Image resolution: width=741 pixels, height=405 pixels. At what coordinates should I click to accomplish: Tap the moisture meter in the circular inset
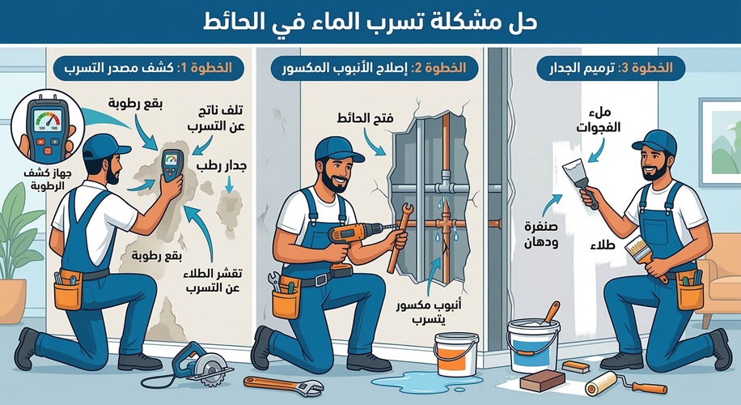(42, 128)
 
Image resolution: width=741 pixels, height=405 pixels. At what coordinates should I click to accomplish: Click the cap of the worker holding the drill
(335, 147)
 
